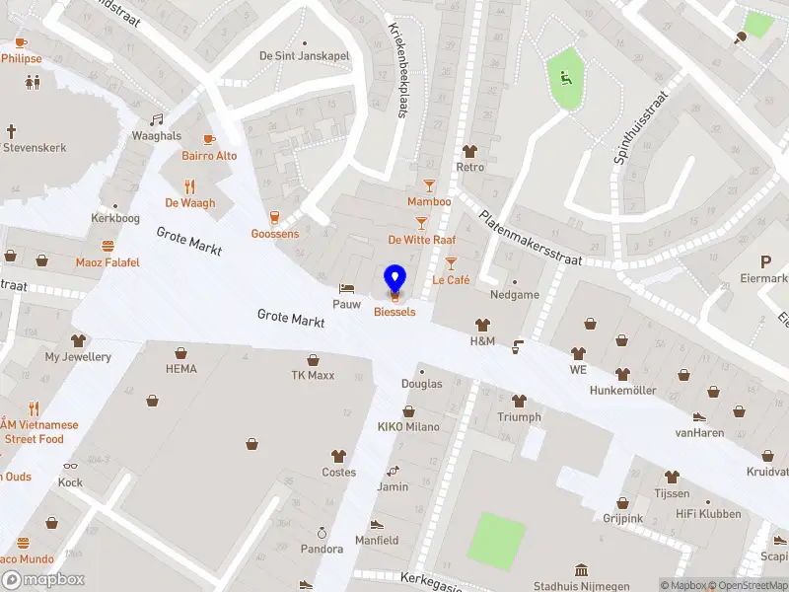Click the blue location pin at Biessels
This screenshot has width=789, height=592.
click(394, 278)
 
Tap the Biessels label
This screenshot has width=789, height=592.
click(394, 312)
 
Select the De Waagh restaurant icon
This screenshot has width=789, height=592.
click(190, 185)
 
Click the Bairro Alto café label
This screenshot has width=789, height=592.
click(209, 156)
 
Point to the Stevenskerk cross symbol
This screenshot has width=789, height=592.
click(12, 130)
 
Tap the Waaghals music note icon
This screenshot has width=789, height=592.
click(156, 119)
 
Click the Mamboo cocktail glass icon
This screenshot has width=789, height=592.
click(429, 185)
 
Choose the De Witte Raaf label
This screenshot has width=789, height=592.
click(421, 240)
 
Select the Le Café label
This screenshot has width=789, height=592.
click(451, 280)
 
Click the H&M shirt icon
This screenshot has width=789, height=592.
click(482, 324)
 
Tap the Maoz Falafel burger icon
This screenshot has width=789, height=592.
click(108, 246)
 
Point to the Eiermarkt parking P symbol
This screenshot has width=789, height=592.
click(764, 261)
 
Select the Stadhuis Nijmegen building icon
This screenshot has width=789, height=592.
click(581, 570)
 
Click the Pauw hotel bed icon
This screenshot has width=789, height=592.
click(346, 287)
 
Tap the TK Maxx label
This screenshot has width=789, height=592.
click(313, 375)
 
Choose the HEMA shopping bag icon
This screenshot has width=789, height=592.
click(181, 352)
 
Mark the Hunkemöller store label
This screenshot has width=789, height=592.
click(622, 391)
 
